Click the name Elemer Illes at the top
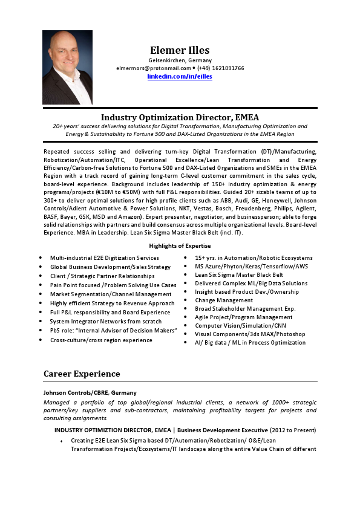point(180,50)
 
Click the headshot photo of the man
point(67,67)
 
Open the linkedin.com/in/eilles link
point(180,76)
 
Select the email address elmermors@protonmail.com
point(154,68)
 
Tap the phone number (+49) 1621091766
point(220,68)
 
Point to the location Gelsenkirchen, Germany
point(180,60)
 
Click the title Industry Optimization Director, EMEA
point(180,117)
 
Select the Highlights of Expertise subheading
point(180,246)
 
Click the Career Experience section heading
point(82,374)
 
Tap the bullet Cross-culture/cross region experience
point(101,340)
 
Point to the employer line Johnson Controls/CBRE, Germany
point(90,392)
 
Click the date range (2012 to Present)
point(290,430)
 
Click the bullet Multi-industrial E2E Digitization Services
point(104,258)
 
